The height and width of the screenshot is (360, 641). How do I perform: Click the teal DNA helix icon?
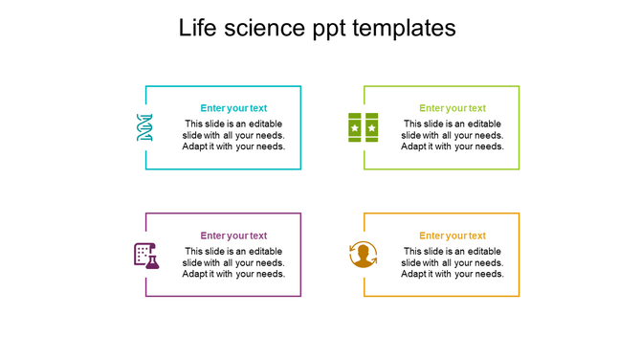pyautogui.click(x=144, y=127)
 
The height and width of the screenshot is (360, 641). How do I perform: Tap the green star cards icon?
pyautogui.click(x=363, y=127)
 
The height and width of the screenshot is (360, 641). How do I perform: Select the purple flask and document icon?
pyautogui.click(x=145, y=255)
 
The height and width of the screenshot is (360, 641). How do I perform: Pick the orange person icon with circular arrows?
pyautogui.click(x=364, y=255)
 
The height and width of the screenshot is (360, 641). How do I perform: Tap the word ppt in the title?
pyautogui.click(x=332, y=30)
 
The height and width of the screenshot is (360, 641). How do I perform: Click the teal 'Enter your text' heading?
pyautogui.click(x=233, y=108)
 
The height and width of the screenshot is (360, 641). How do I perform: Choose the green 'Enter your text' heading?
pyautogui.click(x=453, y=108)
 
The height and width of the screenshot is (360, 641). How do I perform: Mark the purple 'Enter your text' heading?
pyautogui.click(x=233, y=236)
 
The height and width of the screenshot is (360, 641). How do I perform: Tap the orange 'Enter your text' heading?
pyautogui.click(x=453, y=236)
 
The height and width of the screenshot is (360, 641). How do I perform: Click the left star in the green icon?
pyautogui.click(x=355, y=127)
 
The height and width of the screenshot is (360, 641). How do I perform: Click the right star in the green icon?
pyautogui.click(x=371, y=127)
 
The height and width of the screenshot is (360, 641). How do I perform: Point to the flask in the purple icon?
pyautogui.click(x=152, y=260)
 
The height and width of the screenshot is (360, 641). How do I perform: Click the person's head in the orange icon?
pyautogui.click(x=364, y=251)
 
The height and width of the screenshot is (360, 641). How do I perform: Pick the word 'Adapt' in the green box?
pyautogui.click(x=415, y=146)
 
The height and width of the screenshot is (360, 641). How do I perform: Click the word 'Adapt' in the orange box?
pyautogui.click(x=415, y=274)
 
